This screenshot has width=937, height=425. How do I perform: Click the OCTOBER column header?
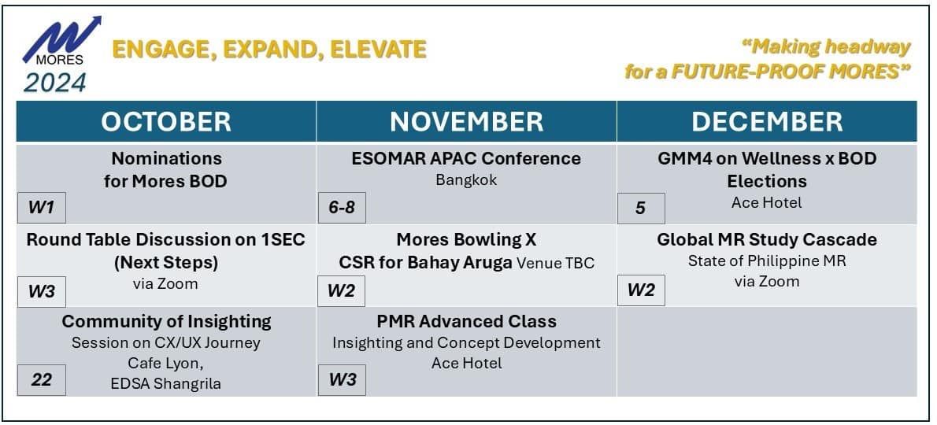pyautogui.click(x=166, y=121)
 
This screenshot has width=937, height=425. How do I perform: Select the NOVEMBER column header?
pyautogui.click(x=467, y=121)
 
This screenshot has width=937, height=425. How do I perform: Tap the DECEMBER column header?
pyautogui.click(x=767, y=121)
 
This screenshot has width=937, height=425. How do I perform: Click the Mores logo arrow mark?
pyautogui.click(x=61, y=38)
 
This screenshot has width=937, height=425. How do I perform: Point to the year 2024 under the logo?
pyautogui.click(x=55, y=83)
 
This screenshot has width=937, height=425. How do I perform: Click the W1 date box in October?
pyautogui.click(x=41, y=208)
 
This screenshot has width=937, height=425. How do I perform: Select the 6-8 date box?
pyautogui.click(x=342, y=208)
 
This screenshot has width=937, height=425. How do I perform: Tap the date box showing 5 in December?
pyautogui.click(x=641, y=209)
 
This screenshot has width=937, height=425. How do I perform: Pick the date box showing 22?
pyautogui.click(x=41, y=379)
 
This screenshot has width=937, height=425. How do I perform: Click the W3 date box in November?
pyautogui.click(x=342, y=379)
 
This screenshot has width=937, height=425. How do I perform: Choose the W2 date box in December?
pyautogui.click(x=641, y=290)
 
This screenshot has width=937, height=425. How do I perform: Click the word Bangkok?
pyautogui.click(x=466, y=180)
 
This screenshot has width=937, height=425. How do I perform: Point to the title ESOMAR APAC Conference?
pyautogui.click(x=466, y=158)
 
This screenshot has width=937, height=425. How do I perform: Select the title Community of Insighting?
pyautogui.click(x=167, y=321)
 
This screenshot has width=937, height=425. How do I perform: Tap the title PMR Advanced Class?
pyautogui.click(x=467, y=321)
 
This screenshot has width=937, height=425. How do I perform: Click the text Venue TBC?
pyautogui.click(x=556, y=263)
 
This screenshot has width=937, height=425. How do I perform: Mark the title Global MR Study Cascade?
pyautogui.click(x=767, y=239)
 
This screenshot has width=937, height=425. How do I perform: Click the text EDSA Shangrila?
pyautogui.click(x=166, y=384)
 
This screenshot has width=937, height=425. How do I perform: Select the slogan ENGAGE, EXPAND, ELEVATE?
pyautogui.click(x=269, y=50)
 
